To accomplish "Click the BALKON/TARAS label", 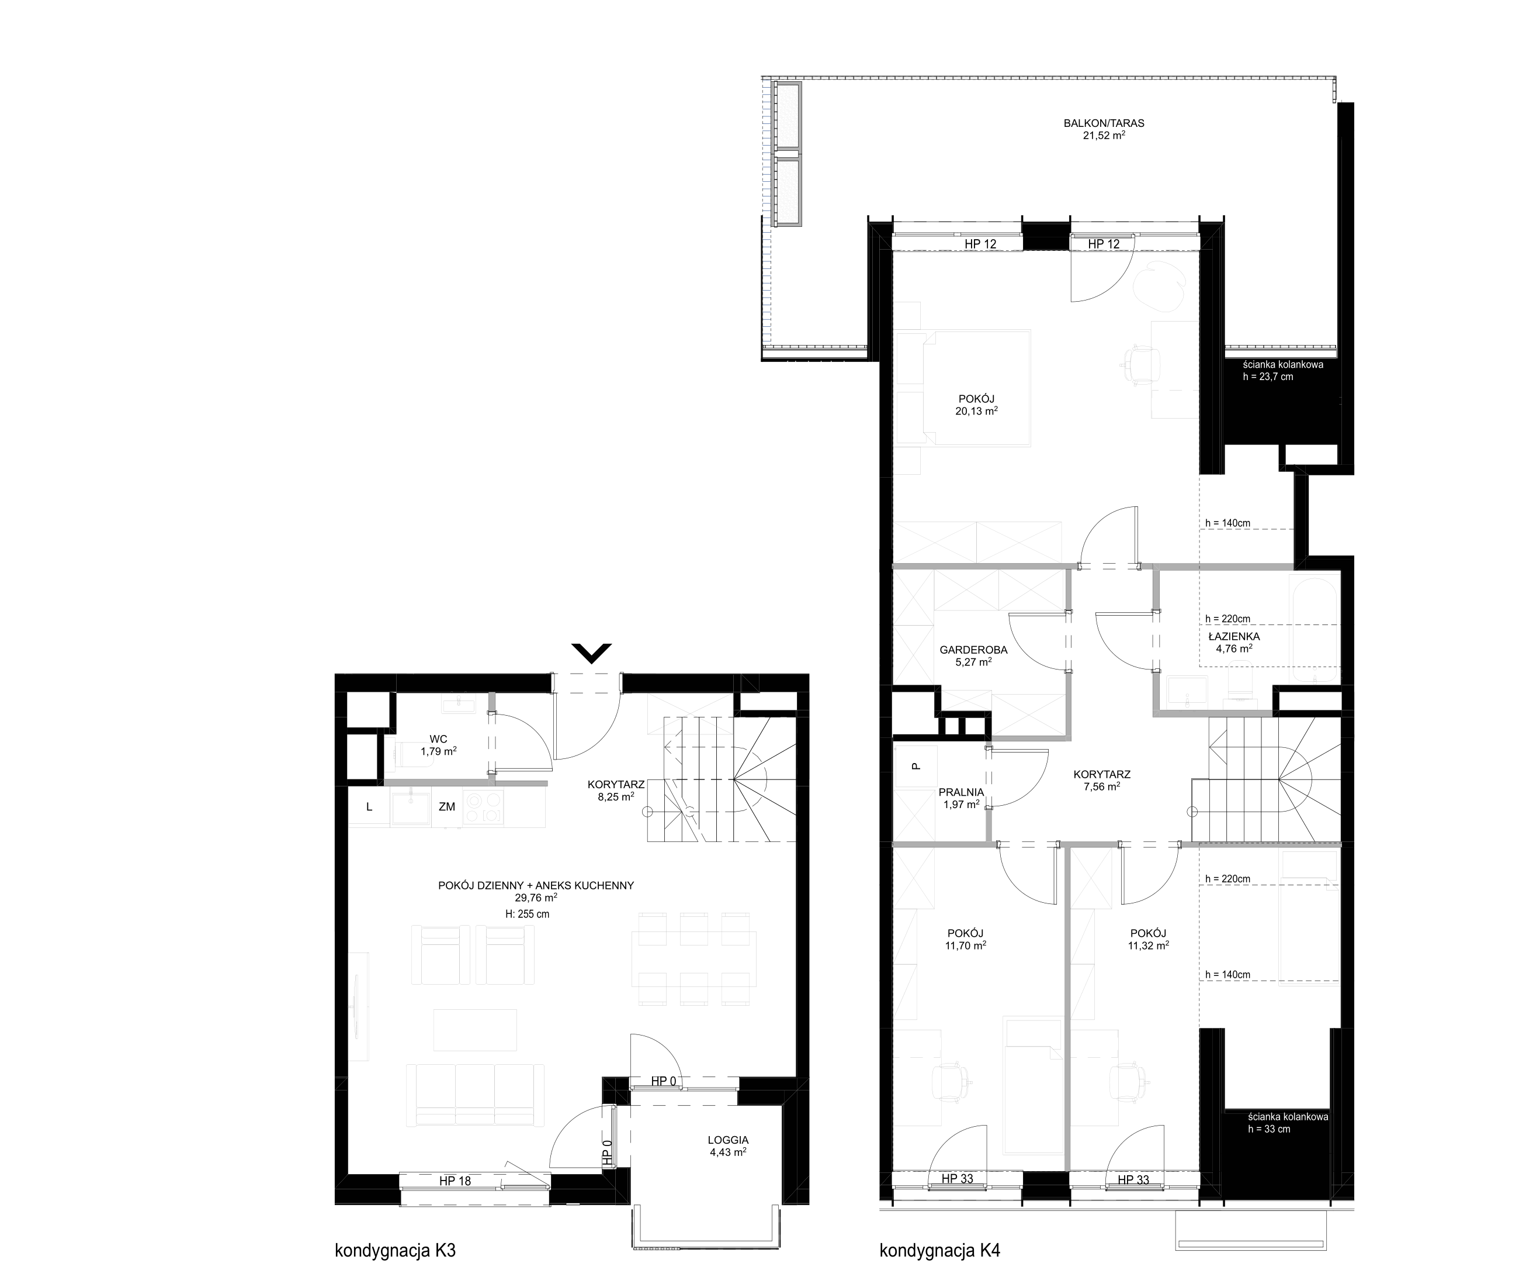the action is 1104,123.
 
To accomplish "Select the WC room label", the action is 438,739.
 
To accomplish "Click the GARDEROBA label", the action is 973,650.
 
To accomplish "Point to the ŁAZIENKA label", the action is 1234,637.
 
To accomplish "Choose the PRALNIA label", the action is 961,792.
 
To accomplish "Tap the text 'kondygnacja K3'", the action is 396,1251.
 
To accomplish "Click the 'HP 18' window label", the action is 455,1181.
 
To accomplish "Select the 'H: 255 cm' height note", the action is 528,914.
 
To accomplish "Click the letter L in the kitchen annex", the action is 369,807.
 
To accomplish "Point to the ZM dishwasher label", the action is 447,806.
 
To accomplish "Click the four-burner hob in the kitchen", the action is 483,808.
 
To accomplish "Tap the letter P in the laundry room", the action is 915,766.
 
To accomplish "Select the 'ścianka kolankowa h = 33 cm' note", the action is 1288,1123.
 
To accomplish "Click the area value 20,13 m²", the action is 976,411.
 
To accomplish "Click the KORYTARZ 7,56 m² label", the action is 1102,779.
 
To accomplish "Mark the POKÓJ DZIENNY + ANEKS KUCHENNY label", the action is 536,885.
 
